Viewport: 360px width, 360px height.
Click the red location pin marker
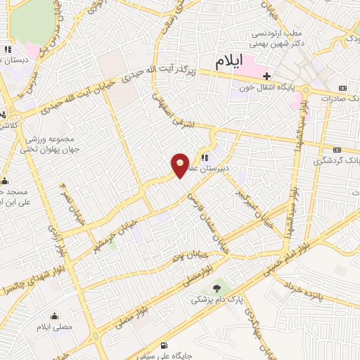point(181,166)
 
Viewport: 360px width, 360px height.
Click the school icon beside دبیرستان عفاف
point(205,158)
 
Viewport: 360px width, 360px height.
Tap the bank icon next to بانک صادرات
point(342,87)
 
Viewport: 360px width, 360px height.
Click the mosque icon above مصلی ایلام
point(53,316)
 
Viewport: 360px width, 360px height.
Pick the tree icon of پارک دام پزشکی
point(217,288)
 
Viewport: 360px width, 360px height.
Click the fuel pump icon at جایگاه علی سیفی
point(164,345)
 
